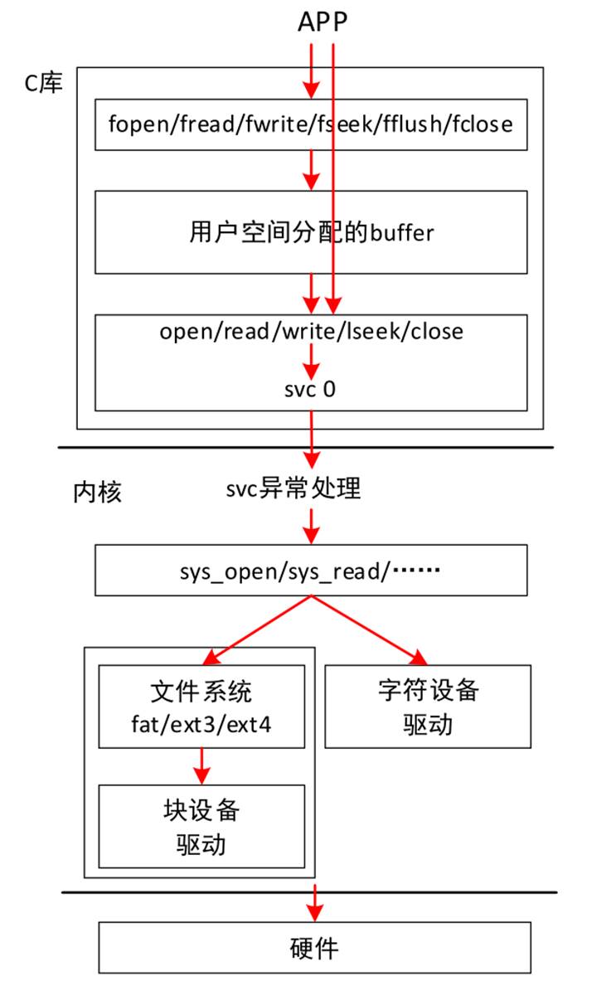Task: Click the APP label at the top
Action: tap(323, 22)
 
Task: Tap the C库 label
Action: tap(44, 82)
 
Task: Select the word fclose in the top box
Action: tap(483, 124)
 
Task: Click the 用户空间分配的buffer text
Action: tap(311, 232)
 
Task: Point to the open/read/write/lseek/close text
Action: tap(311, 331)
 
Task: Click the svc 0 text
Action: tap(310, 389)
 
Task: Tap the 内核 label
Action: tap(98, 492)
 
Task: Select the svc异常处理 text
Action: tap(293, 488)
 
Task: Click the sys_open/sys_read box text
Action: tap(310, 571)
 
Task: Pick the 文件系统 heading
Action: tap(201, 692)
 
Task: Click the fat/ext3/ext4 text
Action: tap(201, 725)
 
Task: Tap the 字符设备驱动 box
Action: tap(428, 707)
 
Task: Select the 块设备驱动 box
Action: tap(201, 826)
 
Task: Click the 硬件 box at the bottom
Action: tap(315, 948)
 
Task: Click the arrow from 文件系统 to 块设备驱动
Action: tap(201, 766)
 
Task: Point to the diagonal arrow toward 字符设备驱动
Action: tap(370, 630)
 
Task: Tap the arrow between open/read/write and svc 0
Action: tap(311, 362)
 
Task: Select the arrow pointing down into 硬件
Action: tap(315, 903)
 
